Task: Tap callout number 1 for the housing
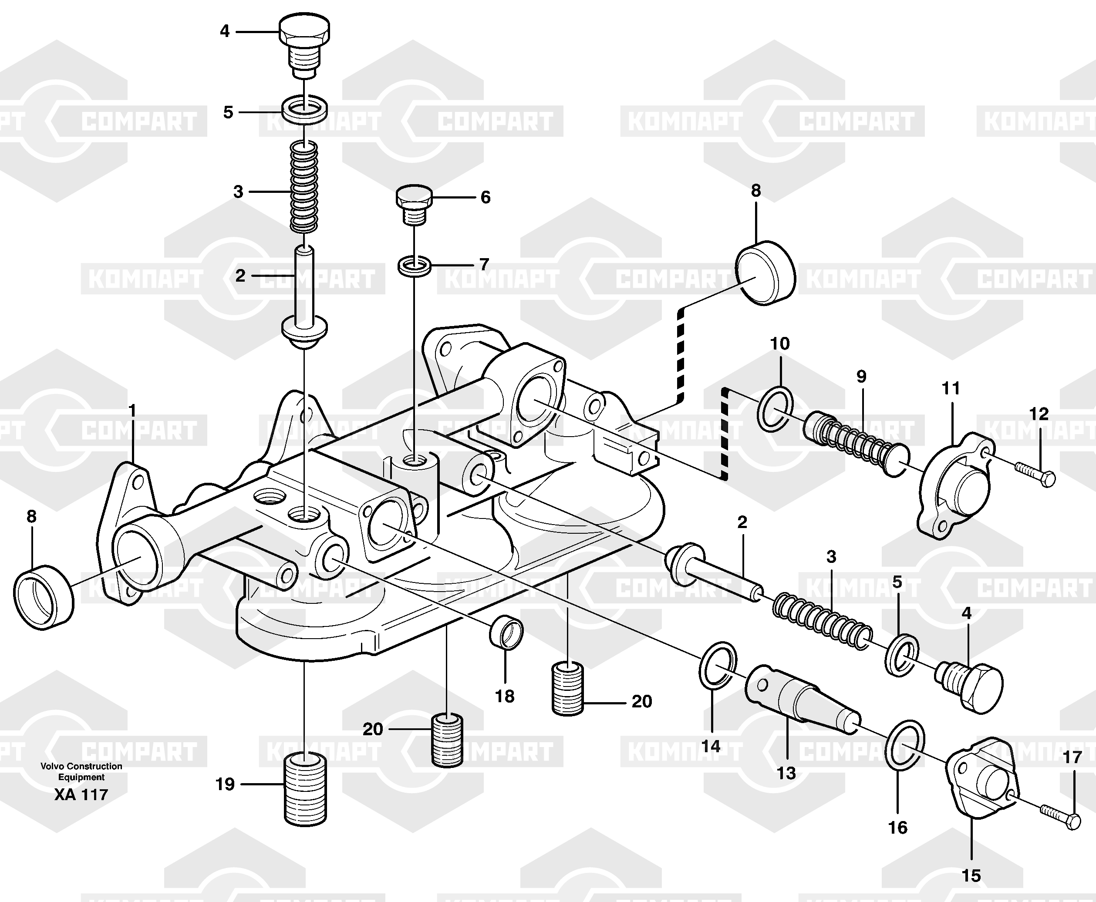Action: click(132, 411)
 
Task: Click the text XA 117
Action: click(81, 795)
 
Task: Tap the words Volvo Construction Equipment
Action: click(81, 771)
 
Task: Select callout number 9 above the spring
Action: click(861, 377)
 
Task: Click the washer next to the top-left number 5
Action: click(304, 108)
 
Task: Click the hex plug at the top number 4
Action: click(304, 44)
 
